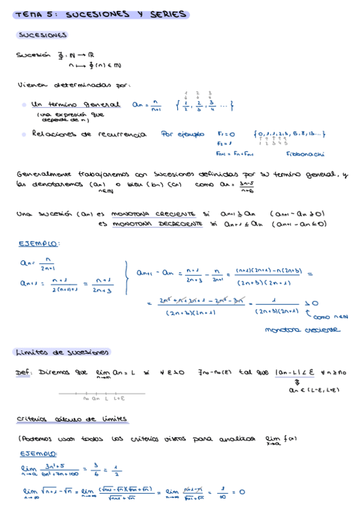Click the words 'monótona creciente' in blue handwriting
[302, 330]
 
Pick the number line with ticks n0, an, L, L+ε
[102, 395]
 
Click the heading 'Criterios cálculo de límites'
[72, 419]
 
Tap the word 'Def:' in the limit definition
[23, 373]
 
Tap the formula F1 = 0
[226, 134]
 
